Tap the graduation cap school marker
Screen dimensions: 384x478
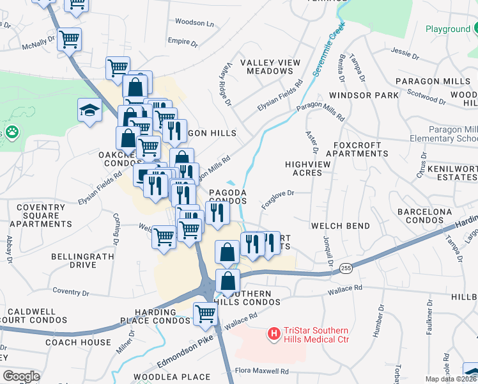90,110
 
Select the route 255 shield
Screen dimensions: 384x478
345,267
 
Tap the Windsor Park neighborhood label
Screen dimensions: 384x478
364,95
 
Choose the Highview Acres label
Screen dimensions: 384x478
308,168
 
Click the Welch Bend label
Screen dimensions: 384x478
340,226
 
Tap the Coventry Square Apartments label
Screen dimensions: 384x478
44,216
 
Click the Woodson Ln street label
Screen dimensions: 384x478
194,23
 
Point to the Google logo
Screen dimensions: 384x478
21,376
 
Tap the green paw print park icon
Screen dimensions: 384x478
13,132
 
